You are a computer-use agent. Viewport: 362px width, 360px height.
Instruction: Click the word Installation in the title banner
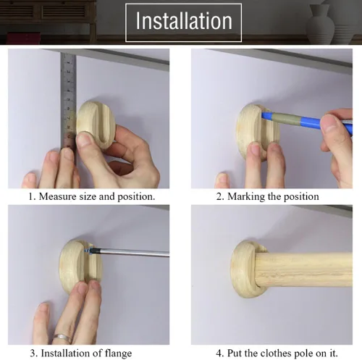coord(184,21)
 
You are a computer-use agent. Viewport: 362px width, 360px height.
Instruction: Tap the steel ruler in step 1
coord(68,101)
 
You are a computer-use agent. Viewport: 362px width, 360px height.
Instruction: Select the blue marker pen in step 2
coord(306,120)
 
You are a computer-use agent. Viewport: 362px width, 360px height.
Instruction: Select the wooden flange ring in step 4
coord(244,269)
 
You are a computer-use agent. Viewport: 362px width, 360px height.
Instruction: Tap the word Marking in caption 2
coord(246,197)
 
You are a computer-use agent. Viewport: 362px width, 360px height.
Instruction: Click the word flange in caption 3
coord(118,353)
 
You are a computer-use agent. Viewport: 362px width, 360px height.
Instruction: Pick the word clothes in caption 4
coord(266,353)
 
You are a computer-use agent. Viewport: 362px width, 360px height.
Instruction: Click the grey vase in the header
coord(321,24)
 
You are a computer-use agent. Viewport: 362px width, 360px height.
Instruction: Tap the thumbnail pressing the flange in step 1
coord(83,141)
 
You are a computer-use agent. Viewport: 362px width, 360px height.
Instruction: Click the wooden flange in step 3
coord(80,267)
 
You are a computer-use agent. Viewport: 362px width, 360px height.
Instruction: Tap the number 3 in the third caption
coord(33,353)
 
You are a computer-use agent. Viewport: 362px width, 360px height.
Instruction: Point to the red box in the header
coord(24,38)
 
